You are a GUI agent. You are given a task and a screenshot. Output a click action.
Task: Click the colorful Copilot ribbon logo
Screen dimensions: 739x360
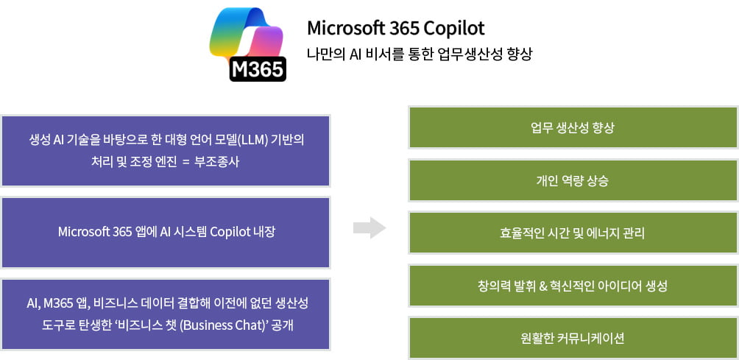[246, 35]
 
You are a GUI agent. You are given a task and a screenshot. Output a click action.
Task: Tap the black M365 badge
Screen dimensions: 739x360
[258, 69]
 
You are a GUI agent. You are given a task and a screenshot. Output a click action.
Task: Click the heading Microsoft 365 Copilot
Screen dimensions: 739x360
[396, 28]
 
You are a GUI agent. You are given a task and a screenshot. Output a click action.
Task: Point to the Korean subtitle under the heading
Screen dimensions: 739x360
[420, 54]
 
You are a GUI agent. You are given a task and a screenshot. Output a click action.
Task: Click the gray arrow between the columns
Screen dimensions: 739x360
[369, 228]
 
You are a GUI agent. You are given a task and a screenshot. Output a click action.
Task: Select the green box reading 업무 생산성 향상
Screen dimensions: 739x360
[573, 127]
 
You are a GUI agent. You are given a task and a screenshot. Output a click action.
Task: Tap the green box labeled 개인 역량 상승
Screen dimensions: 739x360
[573, 180]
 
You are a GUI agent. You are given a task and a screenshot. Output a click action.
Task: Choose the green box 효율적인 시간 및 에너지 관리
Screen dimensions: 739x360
[573, 233]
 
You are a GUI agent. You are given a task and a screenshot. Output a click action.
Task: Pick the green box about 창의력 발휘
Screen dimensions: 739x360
[573, 286]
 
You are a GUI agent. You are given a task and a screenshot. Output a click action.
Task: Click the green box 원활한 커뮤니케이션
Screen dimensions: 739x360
[573, 338]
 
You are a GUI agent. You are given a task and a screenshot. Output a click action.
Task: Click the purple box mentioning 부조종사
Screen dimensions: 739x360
[166, 151]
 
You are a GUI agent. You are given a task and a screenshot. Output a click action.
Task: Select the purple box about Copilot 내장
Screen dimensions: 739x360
[166, 233]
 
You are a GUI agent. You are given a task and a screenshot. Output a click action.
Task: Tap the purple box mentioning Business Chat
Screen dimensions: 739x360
[166, 314]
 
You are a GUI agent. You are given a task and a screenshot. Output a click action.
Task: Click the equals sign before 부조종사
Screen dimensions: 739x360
[185, 163]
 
